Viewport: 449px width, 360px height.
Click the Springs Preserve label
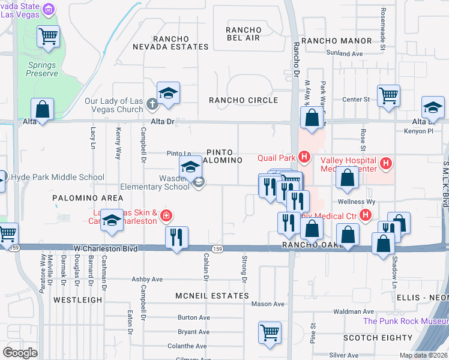pos(42,68)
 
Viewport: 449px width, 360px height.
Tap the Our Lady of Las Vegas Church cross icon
pos(152,106)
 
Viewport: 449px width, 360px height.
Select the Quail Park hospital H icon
pos(304,158)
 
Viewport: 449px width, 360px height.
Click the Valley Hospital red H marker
pos(386,163)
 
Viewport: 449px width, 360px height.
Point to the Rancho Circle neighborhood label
pos(243,100)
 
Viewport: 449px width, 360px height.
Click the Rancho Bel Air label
pos(243,34)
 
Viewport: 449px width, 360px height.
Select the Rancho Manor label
pos(337,41)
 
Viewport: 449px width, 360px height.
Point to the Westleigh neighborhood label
pos(73,298)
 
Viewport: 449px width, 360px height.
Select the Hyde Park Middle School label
pos(56,178)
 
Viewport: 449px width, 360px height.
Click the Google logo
pos(20,353)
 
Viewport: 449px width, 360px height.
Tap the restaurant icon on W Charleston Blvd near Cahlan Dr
pos(176,238)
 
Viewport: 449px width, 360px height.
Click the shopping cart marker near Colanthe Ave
pos(270,332)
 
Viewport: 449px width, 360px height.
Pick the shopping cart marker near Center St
pos(389,95)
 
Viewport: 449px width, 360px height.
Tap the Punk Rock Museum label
pos(406,321)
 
